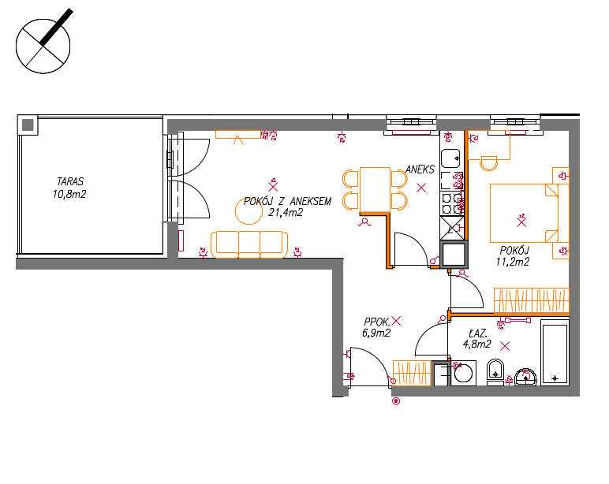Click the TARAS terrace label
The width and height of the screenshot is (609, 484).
point(70,181)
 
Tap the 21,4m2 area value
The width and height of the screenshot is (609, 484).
point(286,212)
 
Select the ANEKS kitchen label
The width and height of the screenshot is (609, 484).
point(420,169)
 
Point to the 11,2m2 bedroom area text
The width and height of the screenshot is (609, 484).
point(513,262)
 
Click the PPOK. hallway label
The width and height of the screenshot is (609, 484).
point(377,322)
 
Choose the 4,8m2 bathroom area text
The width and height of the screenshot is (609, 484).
point(477,344)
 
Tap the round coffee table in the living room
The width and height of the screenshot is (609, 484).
point(249,210)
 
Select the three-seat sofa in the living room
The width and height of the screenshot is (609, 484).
point(249,244)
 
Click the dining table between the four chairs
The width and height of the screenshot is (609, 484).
point(375,190)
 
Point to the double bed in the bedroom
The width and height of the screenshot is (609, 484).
point(525,213)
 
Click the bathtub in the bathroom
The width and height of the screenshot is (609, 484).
point(555,353)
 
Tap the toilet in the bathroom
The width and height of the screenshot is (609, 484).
point(495,372)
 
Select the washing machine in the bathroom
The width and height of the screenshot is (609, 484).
point(463,374)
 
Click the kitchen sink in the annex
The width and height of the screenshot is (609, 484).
point(450,158)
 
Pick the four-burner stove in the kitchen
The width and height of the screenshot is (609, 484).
point(452,204)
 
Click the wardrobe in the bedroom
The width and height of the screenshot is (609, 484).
point(532,300)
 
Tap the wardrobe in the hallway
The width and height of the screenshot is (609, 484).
point(412,373)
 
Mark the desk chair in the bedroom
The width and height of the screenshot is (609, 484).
point(488,163)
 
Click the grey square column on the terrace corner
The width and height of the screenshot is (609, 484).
point(28,125)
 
